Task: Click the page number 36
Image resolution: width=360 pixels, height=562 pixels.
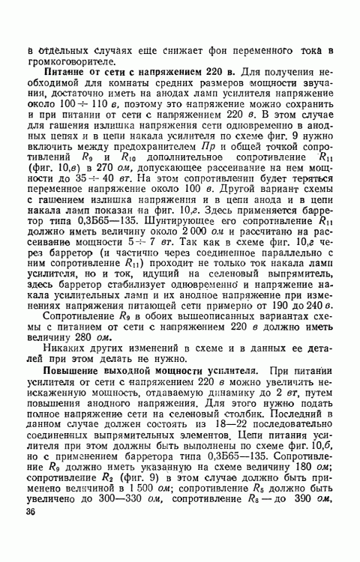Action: [x=31, y=511]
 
